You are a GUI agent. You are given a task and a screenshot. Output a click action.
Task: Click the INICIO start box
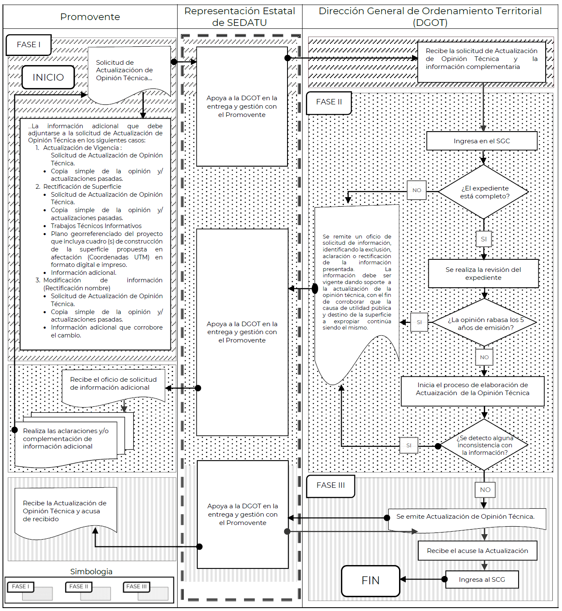pyautogui.click(x=48, y=77)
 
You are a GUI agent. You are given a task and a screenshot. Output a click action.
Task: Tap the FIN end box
pyautogui.click(x=370, y=581)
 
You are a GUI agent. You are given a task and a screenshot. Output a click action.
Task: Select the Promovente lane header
pyautogui.click(x=90, y=17)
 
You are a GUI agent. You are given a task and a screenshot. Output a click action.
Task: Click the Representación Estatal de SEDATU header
pyautogui.click(x=239, y=17)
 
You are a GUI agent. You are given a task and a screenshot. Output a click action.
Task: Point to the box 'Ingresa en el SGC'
pyautogui.click(x=482, y=141)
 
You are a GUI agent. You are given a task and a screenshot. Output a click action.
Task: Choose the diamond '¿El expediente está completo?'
pyautogui.click(x=484, y=192)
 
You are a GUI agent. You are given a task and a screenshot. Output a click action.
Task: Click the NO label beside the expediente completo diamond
pyautogui.click(x=417, y=190)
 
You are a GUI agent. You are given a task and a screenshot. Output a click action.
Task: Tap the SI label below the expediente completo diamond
pyautogui.click(x=483, y=239)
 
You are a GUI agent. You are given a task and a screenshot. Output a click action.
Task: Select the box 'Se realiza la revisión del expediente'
pyautogui.click(x=483, y=274)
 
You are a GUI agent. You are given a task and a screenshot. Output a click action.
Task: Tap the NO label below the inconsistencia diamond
pyautogui.click(x=485, y=489)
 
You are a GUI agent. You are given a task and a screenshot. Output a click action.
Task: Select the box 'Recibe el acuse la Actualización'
pyautogui.click(x=477, y=551)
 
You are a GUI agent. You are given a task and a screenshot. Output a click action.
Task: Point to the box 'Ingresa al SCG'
pyautogui.click(x=482, y=580)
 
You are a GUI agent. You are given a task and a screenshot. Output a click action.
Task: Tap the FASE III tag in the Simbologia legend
pyautogui.click(x=136, y=586)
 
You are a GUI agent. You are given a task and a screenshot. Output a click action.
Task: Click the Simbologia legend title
pyautogui.click(x=91, y=571)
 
